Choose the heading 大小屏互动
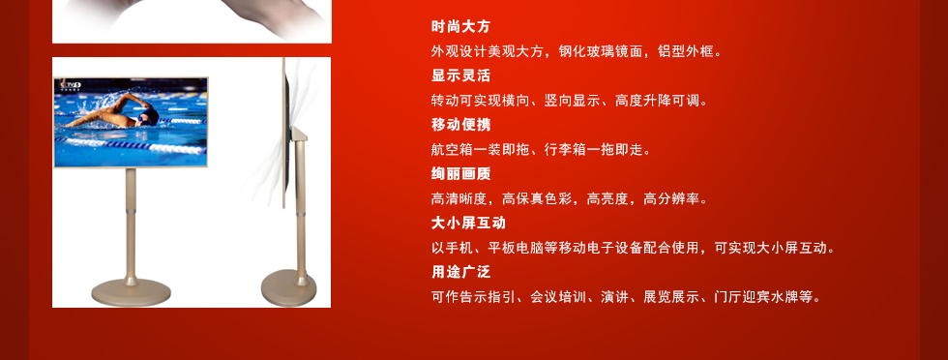(468, 223)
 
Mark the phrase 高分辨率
(671, 198)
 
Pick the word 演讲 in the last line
(615, 297)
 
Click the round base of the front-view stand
(131, 292)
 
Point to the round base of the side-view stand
(289, 288)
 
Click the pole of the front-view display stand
(131, 224)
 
